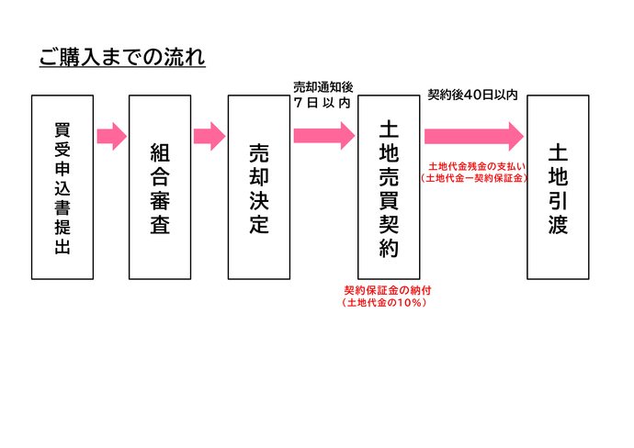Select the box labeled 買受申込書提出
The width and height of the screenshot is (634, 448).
pyautogui.click(x=62, y=187)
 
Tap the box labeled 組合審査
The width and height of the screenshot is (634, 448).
pyautogui.click(x=160, y=187)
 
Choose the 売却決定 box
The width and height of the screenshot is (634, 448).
pyautogui.click(x=258, y=187)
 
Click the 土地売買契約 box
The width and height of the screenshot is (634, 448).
pyautogui.click(x=388, y=187)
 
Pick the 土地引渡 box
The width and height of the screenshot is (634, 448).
pyautogui.click(x=558, y=187)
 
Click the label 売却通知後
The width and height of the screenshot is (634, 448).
pyautogui.click(x=321, y=87)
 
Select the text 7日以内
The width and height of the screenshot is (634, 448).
pyautogui.click(x=322, y=103)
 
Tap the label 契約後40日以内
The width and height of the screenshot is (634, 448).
pyautogui.click(x=473, y=94)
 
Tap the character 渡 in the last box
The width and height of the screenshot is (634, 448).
pyautogui.click(x=558, y=225)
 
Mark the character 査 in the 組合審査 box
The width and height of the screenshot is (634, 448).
pyautogui.click(x=160, y=226)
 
